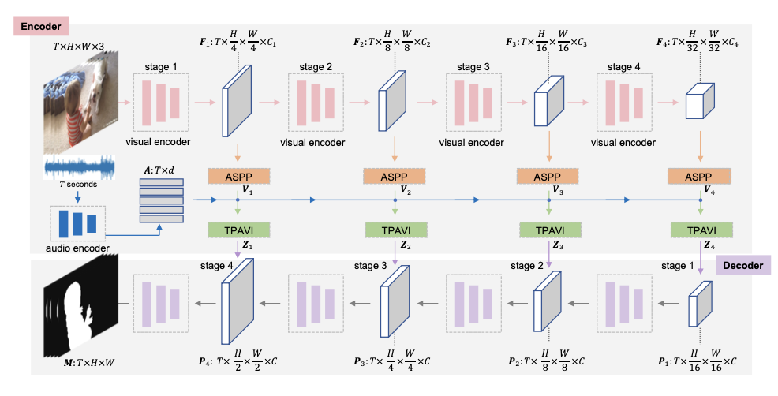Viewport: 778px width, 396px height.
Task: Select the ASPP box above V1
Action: (238, 175)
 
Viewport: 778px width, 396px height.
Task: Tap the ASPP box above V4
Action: (700, 175)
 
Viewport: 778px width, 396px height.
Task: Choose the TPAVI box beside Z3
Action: (548, 230)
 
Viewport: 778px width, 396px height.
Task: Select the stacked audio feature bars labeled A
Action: (161, 201)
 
